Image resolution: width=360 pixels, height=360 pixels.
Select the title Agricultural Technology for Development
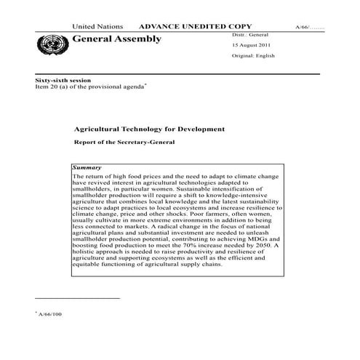coord(149,129)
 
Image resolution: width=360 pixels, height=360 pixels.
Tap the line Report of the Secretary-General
coord(124,142)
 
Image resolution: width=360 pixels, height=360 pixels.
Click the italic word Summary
coord(87,167)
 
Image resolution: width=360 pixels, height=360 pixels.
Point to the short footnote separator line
coord(77,298)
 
